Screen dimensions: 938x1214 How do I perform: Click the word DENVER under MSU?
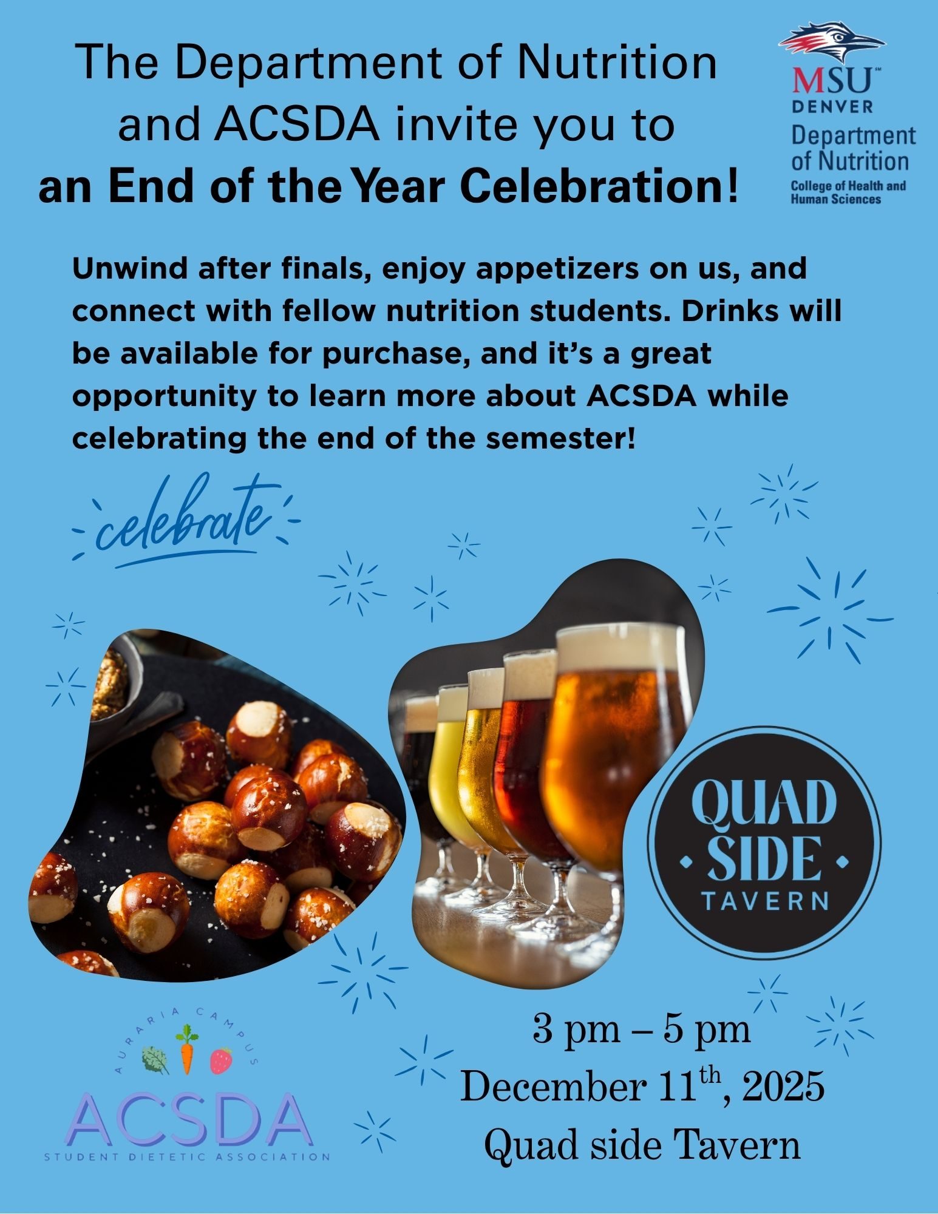pos(833,107)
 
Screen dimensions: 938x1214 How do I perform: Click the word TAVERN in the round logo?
pos(764,900)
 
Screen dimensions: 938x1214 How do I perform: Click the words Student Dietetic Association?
pos(188,1157)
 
